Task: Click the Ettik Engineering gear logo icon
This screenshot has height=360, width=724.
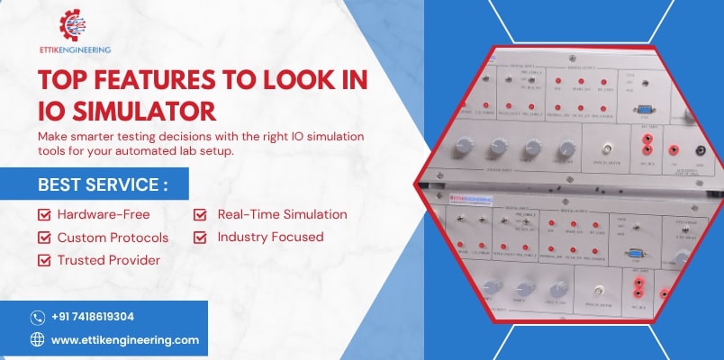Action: pyautogui.click(x=74, y=25)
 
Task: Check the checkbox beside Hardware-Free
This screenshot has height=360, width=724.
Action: pyautogui.click(x=43, y=214)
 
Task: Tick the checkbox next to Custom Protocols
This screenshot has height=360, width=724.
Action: pyautogui.click(x=43, y=237)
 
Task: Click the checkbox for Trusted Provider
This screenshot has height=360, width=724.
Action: pyautogui.click(x=43, y=260)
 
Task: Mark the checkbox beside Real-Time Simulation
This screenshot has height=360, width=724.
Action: pyautogui.click(x=201, y=214)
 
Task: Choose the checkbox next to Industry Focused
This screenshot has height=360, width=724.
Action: pyautogui.click(x=201, y=237)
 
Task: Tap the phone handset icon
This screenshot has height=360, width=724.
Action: pyautogui.click(x=38, y=317)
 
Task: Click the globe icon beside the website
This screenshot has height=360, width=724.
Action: pyautogui.click(x=38, y=340)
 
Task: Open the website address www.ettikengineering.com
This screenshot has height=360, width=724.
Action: pyautogui.click(x=125, y=340)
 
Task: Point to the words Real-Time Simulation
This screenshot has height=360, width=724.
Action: pyautogui.click(x=282, y=214)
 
